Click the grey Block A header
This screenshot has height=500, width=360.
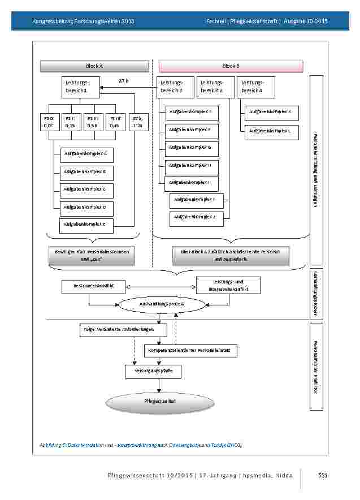coord(94,66)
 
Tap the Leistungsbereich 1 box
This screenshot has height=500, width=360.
coord(80,87)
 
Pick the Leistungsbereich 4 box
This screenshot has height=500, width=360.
coord(255,87)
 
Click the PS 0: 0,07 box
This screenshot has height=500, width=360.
coord(49,122)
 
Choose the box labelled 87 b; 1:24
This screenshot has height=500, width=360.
coord(138,122)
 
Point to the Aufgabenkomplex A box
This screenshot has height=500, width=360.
coord(86,154)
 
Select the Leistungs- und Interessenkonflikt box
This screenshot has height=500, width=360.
coord(228,285)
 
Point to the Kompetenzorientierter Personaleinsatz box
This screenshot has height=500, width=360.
coord(188,351)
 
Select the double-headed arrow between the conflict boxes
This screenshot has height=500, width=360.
coord(160,287)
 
